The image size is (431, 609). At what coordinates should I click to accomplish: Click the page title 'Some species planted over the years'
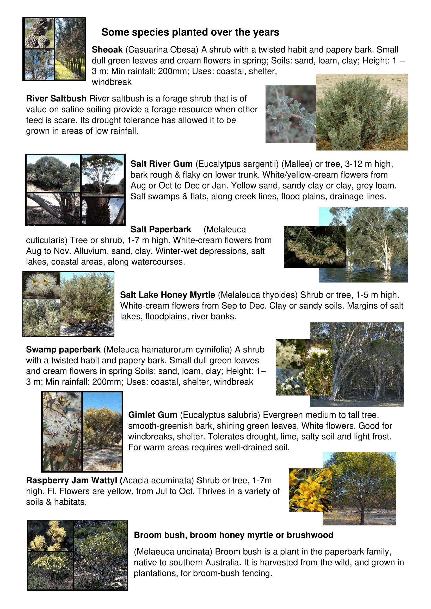190,32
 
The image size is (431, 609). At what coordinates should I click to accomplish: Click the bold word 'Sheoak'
107,50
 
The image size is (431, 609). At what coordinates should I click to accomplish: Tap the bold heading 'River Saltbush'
56,98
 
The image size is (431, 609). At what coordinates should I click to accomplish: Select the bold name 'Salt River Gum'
161,164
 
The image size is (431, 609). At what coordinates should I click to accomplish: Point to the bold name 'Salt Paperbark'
161,229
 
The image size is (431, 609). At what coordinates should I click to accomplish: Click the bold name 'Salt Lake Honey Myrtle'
168,295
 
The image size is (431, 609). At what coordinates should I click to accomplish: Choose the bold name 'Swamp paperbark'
63,349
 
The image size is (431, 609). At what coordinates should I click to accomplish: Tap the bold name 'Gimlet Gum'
153,415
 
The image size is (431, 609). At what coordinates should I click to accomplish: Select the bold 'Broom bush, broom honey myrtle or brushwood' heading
233,535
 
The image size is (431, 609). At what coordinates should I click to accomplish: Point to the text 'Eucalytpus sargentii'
237,164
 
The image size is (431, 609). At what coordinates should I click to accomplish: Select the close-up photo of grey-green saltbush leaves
291,114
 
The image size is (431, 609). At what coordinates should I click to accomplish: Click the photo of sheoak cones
39,33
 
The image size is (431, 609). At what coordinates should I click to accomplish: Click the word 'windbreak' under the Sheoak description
112,82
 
